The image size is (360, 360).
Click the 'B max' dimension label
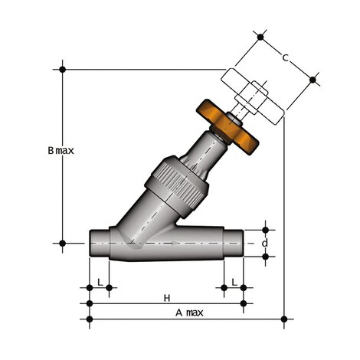pos(61,151)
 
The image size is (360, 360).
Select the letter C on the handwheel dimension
pos(285,57)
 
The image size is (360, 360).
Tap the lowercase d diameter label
pos(266,243)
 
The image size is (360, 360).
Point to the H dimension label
pos(166,296)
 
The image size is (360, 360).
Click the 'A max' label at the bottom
pos(188,313)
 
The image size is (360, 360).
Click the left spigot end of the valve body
pos(98,244)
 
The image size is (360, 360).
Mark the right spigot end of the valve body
pos(233,244)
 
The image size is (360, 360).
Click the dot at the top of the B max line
pos(63,69)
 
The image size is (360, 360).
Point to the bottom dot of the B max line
pos(63,243)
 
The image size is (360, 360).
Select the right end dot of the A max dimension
pos(284,318)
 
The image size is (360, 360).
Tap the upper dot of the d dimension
pos(266,229)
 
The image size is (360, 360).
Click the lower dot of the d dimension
pos(266,257)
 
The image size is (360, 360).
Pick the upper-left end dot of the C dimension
pos(260,36)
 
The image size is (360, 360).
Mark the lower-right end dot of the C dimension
pos(312,78)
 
